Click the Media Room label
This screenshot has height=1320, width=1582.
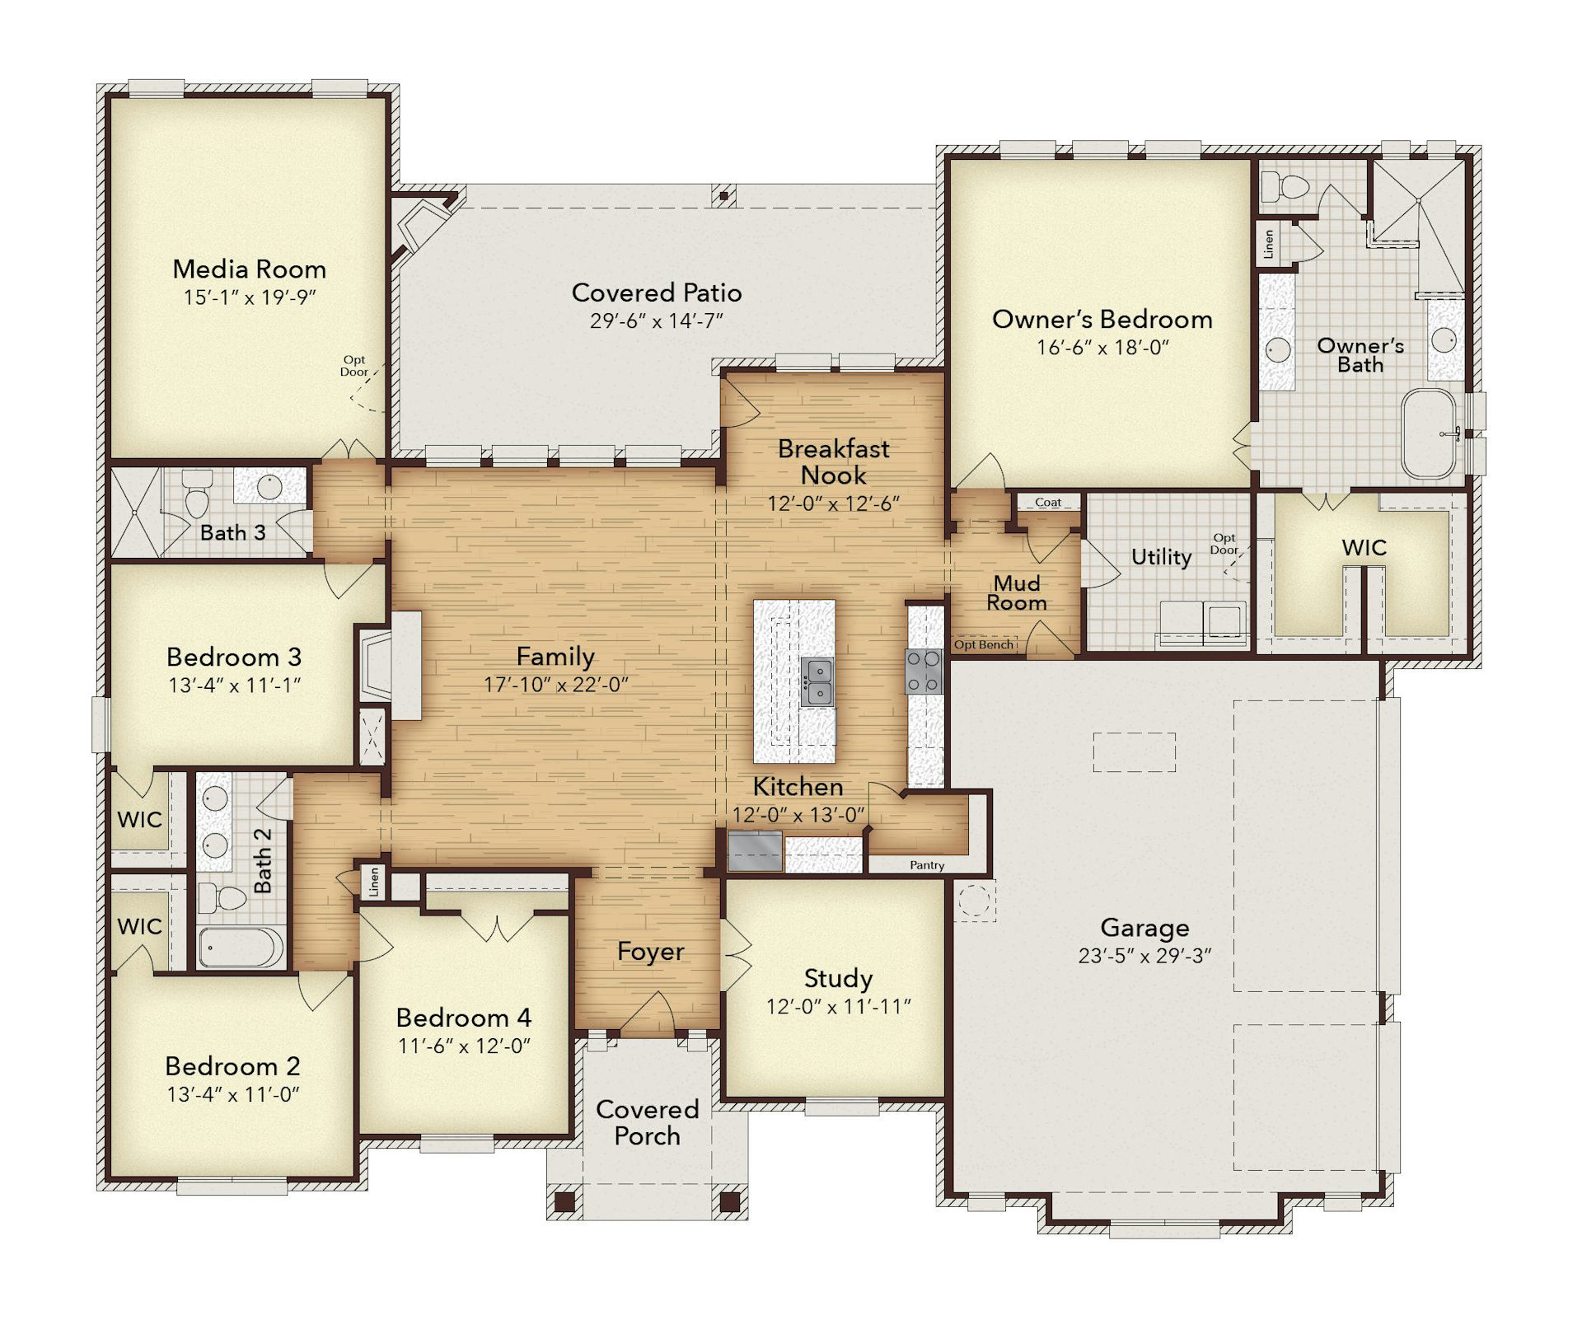[249, 269]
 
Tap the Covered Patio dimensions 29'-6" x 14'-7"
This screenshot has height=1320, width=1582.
[656, 321]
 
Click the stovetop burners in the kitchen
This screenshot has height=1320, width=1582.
[924, 672]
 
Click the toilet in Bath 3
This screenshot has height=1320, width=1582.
[196, 494]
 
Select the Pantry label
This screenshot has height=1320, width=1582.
[927, 865]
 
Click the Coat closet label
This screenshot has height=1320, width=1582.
[1048, 502]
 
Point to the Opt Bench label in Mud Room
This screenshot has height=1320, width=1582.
[984, 644]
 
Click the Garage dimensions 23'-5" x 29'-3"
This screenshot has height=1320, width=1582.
[1144, 956]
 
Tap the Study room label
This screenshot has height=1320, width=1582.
[838, 978]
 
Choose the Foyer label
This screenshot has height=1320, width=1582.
[650, 952]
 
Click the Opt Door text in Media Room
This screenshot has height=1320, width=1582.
[354, 366]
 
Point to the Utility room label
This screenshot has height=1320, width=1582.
[1161, 557]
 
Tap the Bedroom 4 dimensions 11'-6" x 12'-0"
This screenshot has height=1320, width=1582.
[464, 1046]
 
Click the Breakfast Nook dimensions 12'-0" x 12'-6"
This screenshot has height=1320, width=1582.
[833, 503]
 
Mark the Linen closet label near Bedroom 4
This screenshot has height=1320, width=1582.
[374, 882]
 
